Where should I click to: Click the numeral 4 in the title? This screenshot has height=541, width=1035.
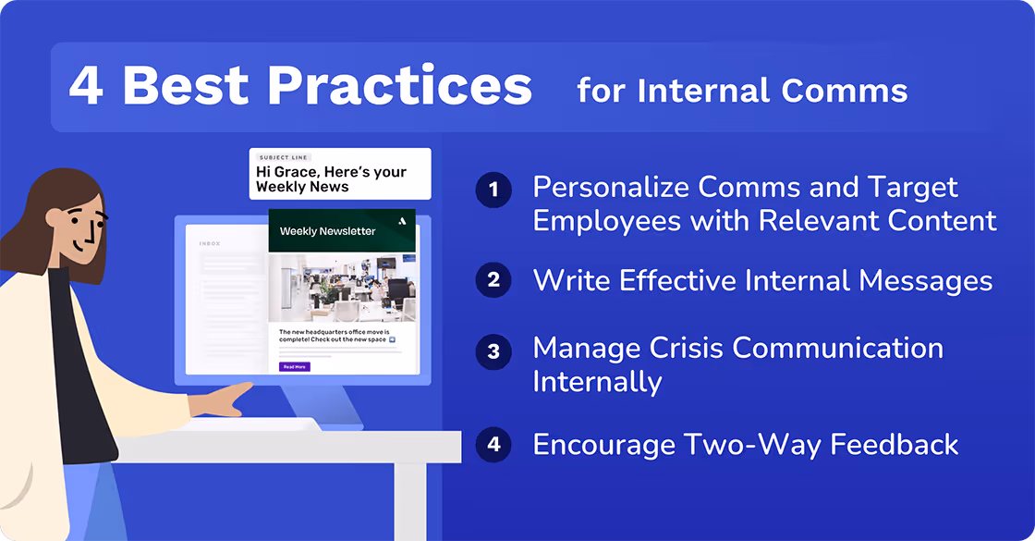pos(86,86)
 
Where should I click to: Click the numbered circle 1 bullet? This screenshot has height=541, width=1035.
pos(493,191)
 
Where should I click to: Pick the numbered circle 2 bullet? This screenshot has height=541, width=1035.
pos(493,279)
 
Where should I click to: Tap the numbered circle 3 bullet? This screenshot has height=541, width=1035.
pos(493,351)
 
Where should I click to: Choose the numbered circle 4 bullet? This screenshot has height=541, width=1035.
pos(493,445)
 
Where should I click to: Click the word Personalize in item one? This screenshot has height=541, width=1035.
pos(611,188)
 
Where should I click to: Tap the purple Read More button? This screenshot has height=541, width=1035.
pos(295,367)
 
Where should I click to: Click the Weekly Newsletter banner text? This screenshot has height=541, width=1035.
pos(327,231)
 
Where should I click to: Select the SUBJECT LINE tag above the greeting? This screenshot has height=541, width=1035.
pos(284,158)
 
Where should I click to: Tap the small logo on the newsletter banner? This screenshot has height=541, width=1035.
pos(401,221)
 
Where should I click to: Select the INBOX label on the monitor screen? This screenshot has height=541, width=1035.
pos(212,244)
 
